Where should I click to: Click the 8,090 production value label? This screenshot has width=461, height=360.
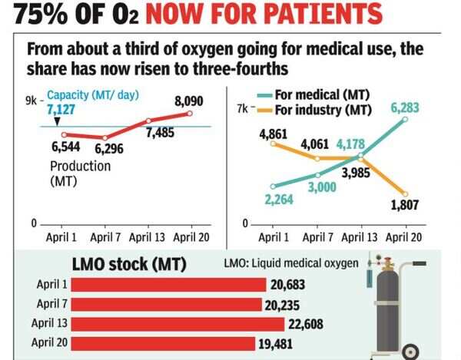[x=189, y=101]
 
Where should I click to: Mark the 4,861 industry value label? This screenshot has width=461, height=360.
[x=274, y=135]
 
